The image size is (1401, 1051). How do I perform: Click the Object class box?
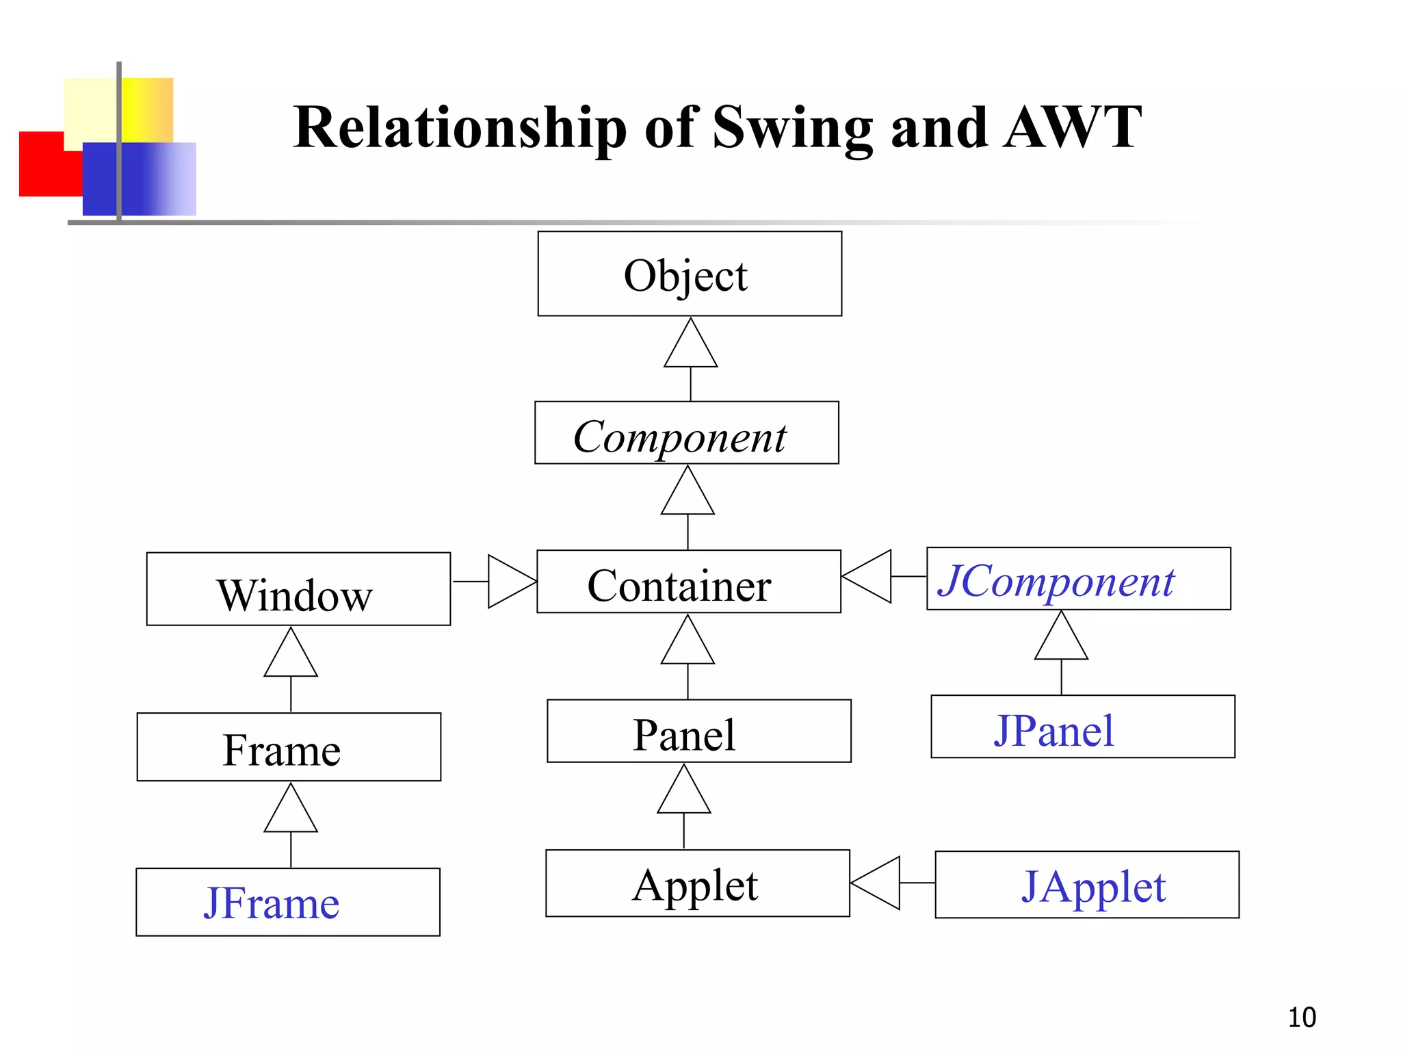pyautogui.click(x=690, y=274)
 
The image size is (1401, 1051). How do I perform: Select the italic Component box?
pyautogui.click(x=686, y=433)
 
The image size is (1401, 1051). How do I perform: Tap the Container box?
pyautogui.click(x=688, y=582)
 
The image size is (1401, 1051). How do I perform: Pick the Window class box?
pyautogui.click(x=298, y=589)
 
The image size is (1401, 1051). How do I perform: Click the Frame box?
pyautogui.click(x=289, y=747)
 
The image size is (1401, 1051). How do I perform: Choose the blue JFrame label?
pyautogui.click(x=272, y=903)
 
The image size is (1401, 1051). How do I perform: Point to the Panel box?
pyautogui.click(x=698, y=731)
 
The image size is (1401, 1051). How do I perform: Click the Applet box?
pyautogui.click(x=697, y=883)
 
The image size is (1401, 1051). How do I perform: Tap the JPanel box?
pyautogui.click(x=1082, y=727)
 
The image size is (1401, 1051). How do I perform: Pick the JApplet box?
pyautogui.click(x=1086, y=885)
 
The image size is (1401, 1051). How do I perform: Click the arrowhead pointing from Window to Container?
pyautogui.click(x=511, y=582)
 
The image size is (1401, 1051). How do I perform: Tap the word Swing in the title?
pyautogui.click(x=792, y=128)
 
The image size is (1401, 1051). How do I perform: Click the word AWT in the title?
pyautogui.click(x=1073, y=128)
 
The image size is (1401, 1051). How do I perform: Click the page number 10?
pyautogui.click(x=1301, y=1017)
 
